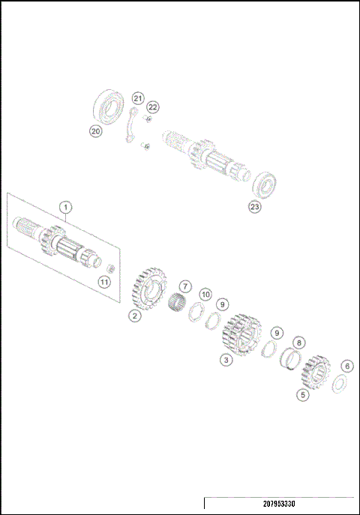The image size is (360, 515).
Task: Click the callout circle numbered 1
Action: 66,206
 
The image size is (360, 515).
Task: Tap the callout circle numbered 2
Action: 134,316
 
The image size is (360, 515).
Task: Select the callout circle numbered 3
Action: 225,360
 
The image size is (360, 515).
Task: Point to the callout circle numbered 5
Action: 303,394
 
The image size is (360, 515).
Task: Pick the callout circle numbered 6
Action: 346,366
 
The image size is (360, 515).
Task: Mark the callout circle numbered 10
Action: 205,295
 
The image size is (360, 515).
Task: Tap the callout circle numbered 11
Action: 104,282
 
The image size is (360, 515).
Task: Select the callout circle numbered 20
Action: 95,131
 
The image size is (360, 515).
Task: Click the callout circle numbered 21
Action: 137,98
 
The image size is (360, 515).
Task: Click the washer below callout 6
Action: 338,383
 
